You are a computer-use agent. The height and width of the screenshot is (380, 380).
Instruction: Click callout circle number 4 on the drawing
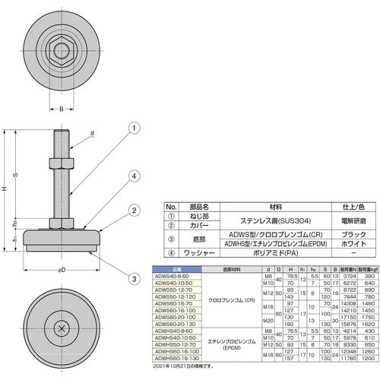pos(133,176)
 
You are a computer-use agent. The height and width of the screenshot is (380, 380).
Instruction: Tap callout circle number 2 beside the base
pos(133,211)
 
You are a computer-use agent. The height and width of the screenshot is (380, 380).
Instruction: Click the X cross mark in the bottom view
pos(62,328)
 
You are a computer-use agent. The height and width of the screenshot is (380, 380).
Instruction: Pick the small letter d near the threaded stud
pos(92,134)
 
